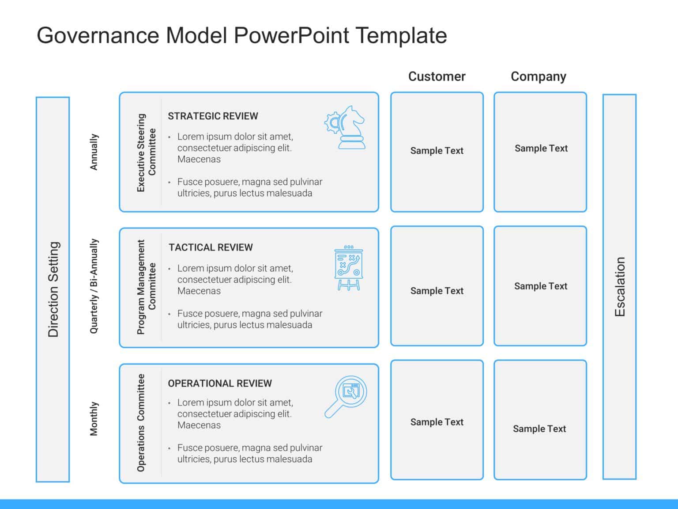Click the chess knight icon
pyautogui.click(x=346, y=127)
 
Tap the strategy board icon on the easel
pyautogui.click(x=349, y=268)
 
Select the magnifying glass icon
pyautogui.click(x=346, y=396)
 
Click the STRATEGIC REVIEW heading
pyautogui.click(x=213, y=116)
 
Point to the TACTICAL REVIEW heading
pyautogui.click(x=211, y=247)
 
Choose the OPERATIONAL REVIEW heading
pyautogui.click(x=220, y=384)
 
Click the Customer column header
pyautogui.click(x=437, y=76)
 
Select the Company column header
pyautogui.click(x=538, y=76)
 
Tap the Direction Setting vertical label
pyautogui.click(x=53, y=289)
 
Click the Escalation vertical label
pyautogui.click(x=620, y=287)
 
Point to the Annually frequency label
pyautogui.click(x=94, y=152)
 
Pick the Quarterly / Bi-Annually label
pyautogui.click(x=94, y=286)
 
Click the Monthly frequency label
pyautogui.click(x=94, y=419)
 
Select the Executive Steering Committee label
pyautogui.click(x=146, y=152)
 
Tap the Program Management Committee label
pyautogui.click(x=146, y=287)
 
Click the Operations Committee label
pyautogui.click(x=141, y=423)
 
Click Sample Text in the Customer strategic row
pyautogui.click(x=437, y=151)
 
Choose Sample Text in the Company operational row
pyautogui.click(x=539, y=429)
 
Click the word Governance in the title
pyautogui.click(x=98, y=35)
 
